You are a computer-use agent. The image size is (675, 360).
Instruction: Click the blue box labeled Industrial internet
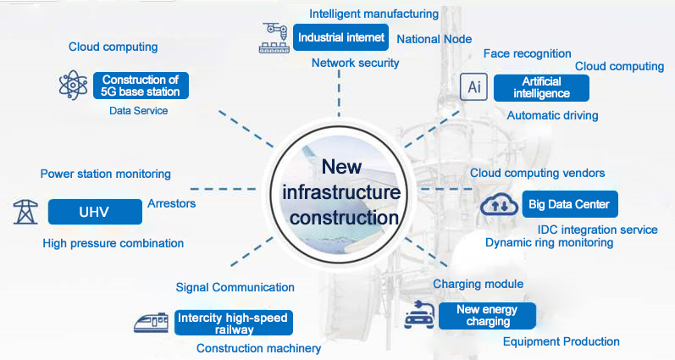pyautogui.click(x=341, y=37)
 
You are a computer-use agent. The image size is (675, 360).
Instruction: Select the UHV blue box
pyautogui.click(x=94, y=211)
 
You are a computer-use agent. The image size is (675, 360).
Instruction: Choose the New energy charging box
pyautogui.click(x=487, y=315)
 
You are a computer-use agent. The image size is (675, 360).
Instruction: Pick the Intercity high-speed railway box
pyautogui.click(x=233, y=324)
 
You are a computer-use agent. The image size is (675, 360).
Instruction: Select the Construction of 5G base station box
pyautogui.click(x=141, y=85)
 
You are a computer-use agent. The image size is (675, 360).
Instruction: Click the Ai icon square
pyautogui.click(x=473, y=86)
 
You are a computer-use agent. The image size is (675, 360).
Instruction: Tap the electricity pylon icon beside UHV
pyautogui.click(x=26, y=211)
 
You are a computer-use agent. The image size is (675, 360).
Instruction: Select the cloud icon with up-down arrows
pyautogui.click(x=500, y=204)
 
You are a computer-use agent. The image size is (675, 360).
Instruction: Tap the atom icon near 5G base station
pyautogui.click(x=73, y=85)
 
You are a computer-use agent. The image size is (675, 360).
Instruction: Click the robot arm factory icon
pyautogui.click(x=273, y=39)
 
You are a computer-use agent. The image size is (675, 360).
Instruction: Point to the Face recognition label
pyautogui.click(x=527, y=53)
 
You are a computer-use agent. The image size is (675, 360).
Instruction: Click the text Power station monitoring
pyautogui.click(x=106, y=174)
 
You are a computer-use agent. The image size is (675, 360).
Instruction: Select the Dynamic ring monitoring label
pyautogui.click(x=549, y=243)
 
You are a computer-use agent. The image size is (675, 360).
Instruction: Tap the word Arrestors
pyautogui.click(x=171, y=204)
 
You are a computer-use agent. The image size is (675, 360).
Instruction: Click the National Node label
pyautogui.click(x=434, y=39)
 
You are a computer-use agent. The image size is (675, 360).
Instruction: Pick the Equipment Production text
pyautogui.click(x=561, y=341)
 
